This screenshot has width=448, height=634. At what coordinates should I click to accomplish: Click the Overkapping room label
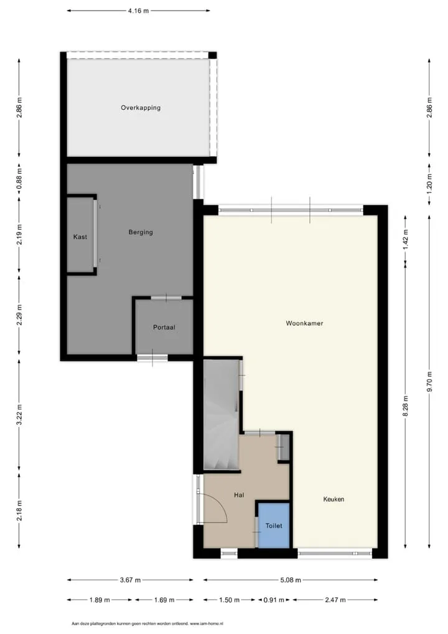[141, 108]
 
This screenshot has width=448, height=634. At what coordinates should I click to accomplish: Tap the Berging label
[141, 232]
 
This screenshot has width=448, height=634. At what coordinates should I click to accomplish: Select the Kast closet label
[80, 237]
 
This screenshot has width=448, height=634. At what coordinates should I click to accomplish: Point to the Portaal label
[164, 328]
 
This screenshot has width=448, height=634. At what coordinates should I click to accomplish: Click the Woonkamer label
[304, 323]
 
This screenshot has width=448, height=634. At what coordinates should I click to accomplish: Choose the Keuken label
[334, 499]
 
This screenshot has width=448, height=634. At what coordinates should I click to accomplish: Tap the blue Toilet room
[274, 525]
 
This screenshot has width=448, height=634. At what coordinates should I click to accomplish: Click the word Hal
[239, 495]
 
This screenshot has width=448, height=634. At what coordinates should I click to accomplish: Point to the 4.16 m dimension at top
[139, 11]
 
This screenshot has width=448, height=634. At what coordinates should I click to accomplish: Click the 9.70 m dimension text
[429, 381]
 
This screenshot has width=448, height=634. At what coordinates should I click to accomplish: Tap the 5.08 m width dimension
[291, 580]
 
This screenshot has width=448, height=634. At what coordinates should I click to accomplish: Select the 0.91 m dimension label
[274, 600]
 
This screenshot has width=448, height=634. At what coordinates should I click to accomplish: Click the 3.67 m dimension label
[130, 580]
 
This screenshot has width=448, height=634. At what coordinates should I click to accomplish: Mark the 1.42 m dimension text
[406, 239]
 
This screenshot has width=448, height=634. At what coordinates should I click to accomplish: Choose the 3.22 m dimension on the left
[19, 415]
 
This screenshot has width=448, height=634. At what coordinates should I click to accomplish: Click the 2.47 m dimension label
[335, 600]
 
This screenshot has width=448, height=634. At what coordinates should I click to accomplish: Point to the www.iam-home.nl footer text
[207, 624]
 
